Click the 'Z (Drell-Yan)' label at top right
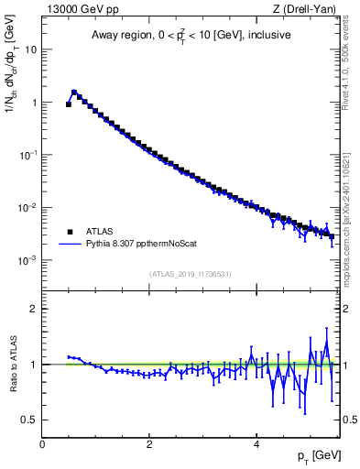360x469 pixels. pyautogui.click(x=304, y=9)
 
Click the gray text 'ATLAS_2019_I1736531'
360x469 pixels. pyautogui.click(x=190, y=274)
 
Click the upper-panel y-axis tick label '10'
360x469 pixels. pyautogui.click(x=31, y=50)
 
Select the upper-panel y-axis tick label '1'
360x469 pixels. pyautogui.click(x=34, y=103)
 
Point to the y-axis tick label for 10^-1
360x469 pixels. pyautogui.click(x=29, y=155)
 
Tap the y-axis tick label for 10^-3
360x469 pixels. pyautogui.click(x=29, y=260)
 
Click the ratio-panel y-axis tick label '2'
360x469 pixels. pyautogui.click(x=34, y=309)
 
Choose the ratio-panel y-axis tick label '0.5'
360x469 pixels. pyautogui.click(x=29, y=420)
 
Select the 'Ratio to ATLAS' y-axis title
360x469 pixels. pyautogui.click(x=11, y=364)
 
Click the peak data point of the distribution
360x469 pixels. pyautogui.click(x=74, y=93)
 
